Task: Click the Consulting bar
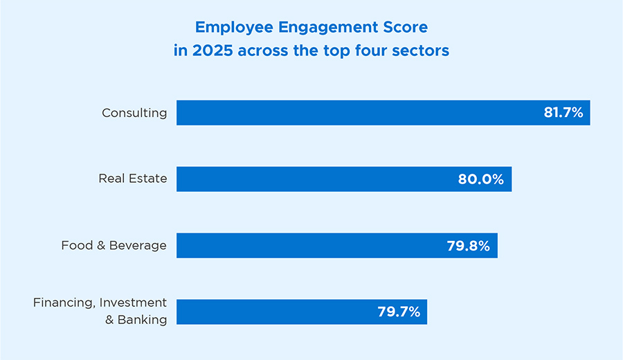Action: pyautogui.click(x=360, y=113)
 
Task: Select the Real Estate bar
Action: pyautogui.click(x=311, y=179)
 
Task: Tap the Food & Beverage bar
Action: pyautogui.click(x=305, y=246)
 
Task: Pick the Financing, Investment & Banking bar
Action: pyautogui.click(x=277, y=312)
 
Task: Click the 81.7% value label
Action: pyautogui.click(x=563, y=113)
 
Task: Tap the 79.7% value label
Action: pyautogui.click(x=399, y=312)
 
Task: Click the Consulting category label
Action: pyautogui.click(x=134, y=113)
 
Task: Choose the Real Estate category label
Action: pyautogui.click(x=132, y=179)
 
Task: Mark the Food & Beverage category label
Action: pyautogui.click(x=114, y=245)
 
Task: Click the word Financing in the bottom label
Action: pyautogui.click(x=66, y=303)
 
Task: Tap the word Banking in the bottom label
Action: pyautogui.click(x=143, y=320)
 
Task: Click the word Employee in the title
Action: pyautogui.click(x=228, y=28)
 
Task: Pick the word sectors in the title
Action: pyautogui.click(x=424, y=51)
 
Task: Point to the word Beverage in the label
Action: pyautogui.click(x=141, y=246)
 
